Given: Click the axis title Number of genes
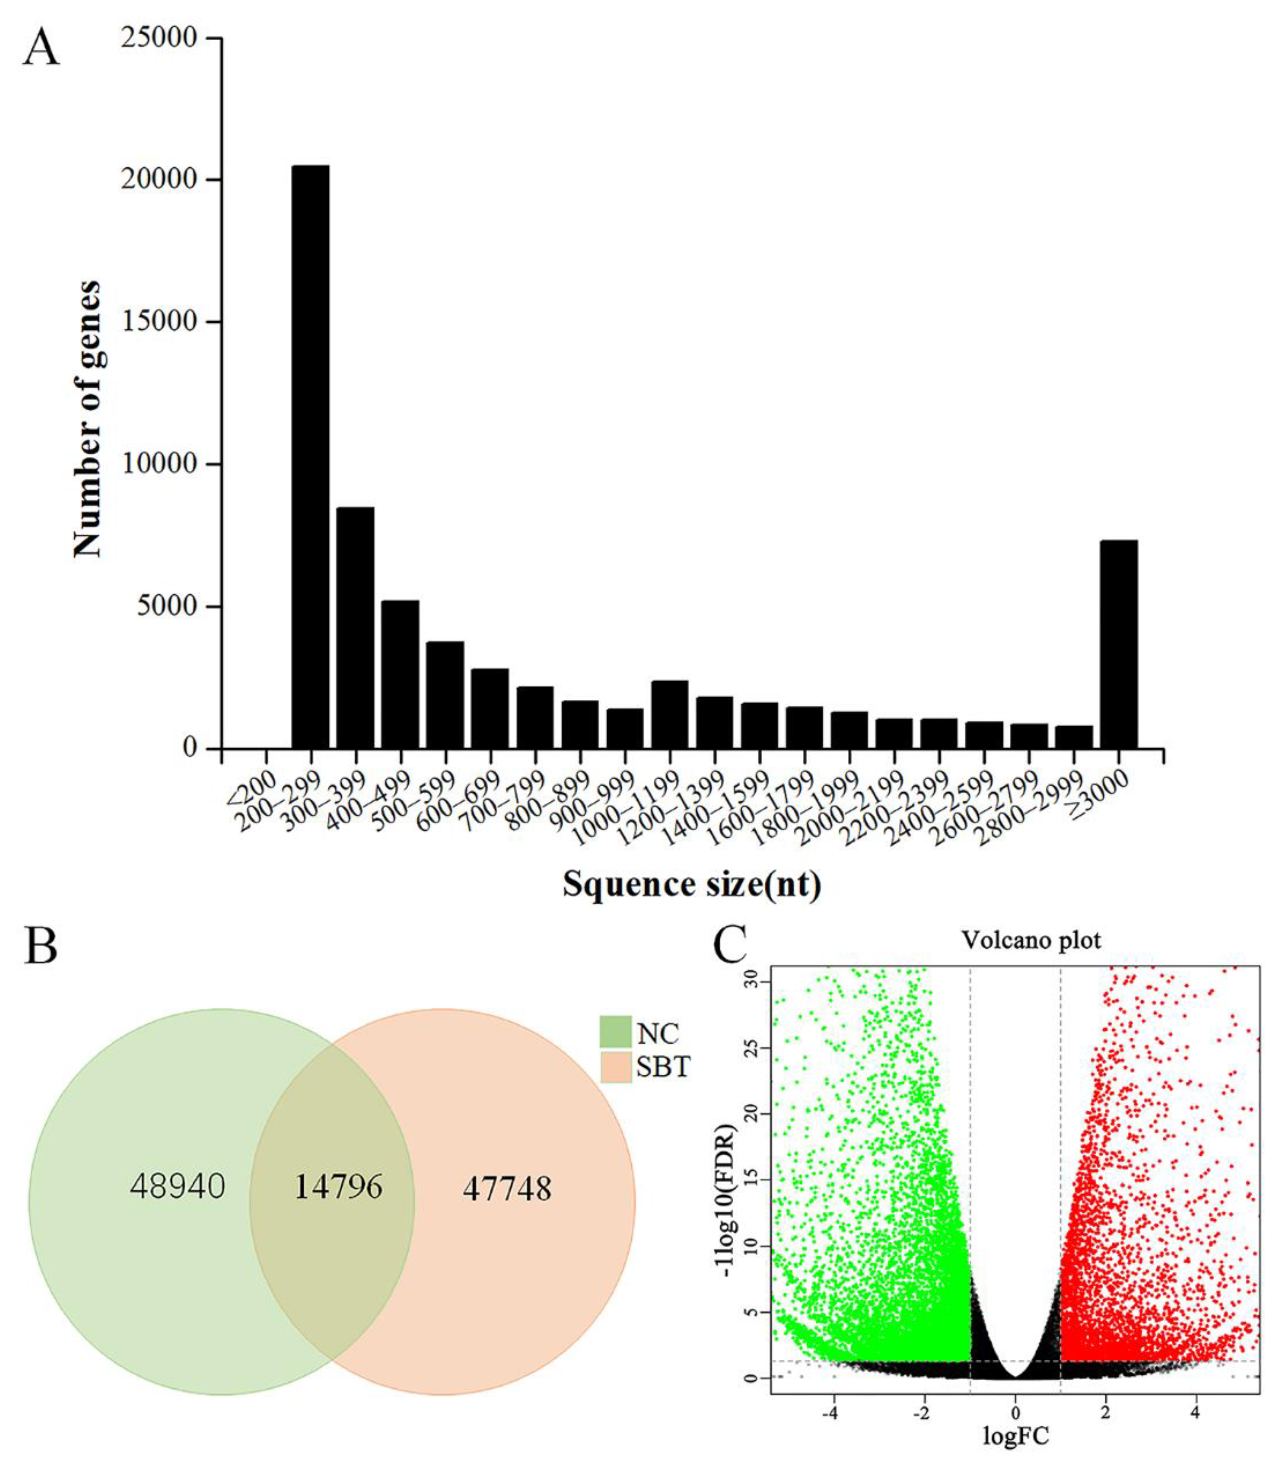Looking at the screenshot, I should point(87,419).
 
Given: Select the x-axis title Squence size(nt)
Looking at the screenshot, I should point(692,885).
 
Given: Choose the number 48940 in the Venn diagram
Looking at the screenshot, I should point(177,1186).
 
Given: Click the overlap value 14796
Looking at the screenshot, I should point(338,1186).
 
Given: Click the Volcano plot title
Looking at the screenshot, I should point(1031,940).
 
